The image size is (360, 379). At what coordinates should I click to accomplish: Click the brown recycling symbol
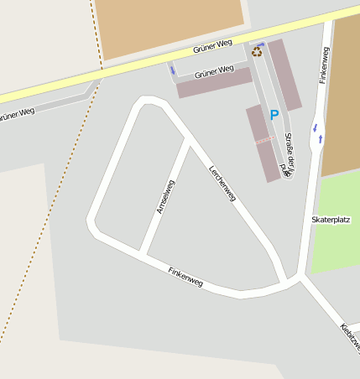(x=257, y=52)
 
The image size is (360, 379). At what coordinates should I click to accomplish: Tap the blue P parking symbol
(x=274, y=115)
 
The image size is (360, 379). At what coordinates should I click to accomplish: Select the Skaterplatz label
(x=330, y=219)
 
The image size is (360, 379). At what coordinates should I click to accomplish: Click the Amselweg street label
(x=165, y=196)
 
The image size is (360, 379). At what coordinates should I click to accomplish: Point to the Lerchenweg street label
(x=222, y=184)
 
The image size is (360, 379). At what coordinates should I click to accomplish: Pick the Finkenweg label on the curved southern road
(x=185, y=277)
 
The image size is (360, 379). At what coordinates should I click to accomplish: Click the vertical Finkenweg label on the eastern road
(x=324, y=65)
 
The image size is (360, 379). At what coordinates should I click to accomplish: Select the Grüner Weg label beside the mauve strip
(x=214, y=72)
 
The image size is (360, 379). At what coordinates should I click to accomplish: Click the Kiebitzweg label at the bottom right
(x=350, y=336)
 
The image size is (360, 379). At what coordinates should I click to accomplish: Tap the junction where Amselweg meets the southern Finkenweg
(x=142, y=253)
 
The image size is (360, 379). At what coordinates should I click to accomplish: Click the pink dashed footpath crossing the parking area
(x=264, y=140)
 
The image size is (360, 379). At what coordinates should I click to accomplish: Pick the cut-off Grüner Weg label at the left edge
(x=17, y=113)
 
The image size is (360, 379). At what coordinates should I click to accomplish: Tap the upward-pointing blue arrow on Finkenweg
(x=321, y=138)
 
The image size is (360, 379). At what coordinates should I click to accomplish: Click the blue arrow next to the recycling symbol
(x=260, y=44)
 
